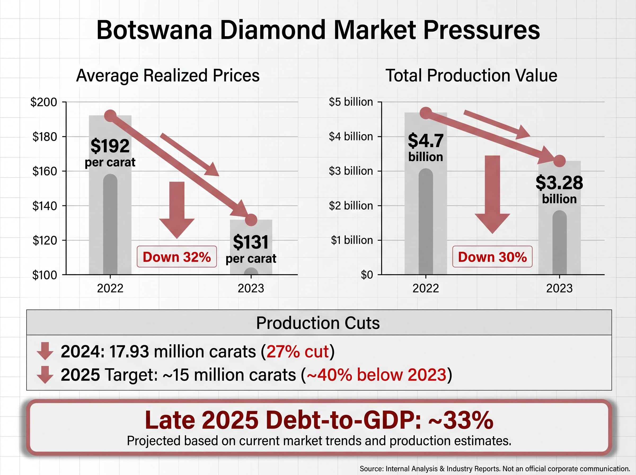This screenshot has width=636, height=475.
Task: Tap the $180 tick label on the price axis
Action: (x=45, y=137)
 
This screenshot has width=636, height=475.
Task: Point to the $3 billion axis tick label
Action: (x=351, y=171)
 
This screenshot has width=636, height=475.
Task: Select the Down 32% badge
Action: (x=177, y=257)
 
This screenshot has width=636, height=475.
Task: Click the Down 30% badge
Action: (x=492, y=257)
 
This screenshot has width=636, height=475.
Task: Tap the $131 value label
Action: (x=251, y=242)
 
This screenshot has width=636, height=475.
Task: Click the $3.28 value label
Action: (x=559, y=182)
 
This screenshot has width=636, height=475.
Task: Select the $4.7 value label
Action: (x=426, y=140)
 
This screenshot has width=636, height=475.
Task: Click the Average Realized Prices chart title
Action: (x=168, y=75)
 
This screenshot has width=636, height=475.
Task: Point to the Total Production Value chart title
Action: (x=471, y=75)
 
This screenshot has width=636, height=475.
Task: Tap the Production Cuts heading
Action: (x=318, y=323)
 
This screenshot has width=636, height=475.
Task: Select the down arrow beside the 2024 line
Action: (x=45, y=351)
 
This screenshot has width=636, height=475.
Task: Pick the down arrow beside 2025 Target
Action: (x=45, y=375)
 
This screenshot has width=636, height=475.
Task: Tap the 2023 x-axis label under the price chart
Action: (x=251, y=288)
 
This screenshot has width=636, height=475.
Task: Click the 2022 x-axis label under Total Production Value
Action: (x=426, y=288)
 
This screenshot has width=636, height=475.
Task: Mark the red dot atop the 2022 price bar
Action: (x=110, y=116)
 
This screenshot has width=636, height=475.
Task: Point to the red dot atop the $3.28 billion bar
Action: (x=559, y=161)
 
